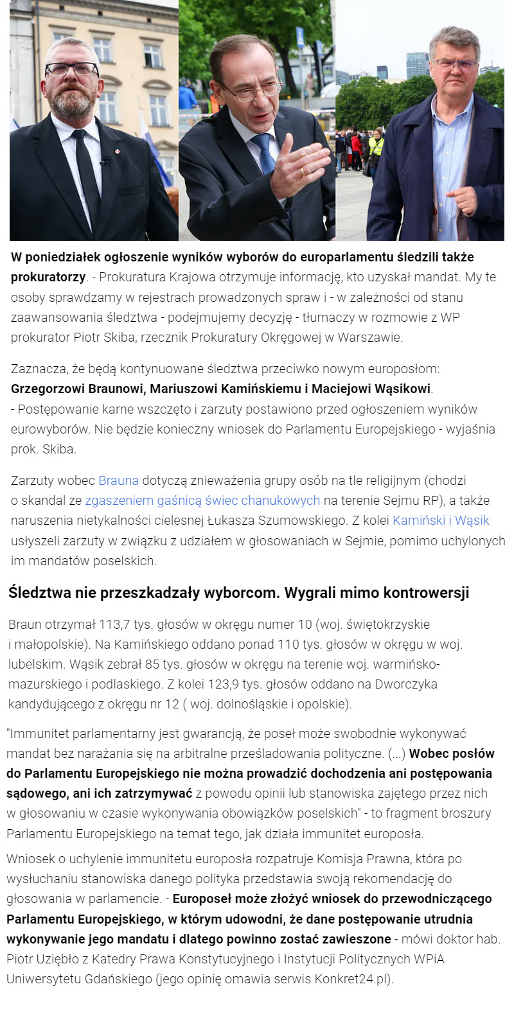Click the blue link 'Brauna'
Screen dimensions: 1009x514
tap(119, 480)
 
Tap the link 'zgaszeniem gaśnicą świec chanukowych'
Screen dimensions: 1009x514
tap(202, 500)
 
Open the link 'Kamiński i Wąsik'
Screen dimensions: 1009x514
tap(441, 520)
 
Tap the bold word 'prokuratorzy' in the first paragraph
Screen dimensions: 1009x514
tap(48, 277)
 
